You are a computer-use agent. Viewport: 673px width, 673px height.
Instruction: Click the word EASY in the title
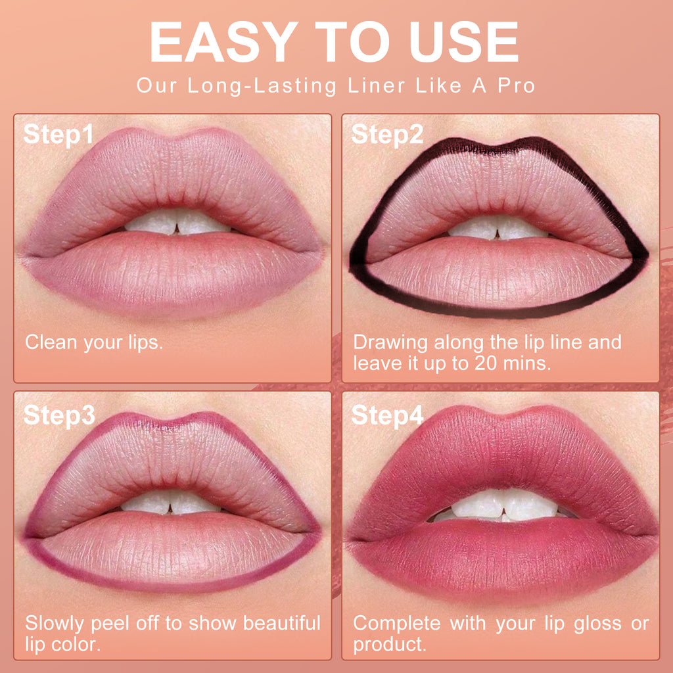(x=217, y=43)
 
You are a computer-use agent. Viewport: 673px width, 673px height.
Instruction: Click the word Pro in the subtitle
(x=515, y=86)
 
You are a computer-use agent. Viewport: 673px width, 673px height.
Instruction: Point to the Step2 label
(x=387, y=135)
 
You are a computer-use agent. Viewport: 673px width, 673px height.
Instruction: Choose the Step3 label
(x=59, y=415)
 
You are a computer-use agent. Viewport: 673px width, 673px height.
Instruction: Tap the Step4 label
(x=387, y=415)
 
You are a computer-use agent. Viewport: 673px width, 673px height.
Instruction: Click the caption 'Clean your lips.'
(x=94, y=342)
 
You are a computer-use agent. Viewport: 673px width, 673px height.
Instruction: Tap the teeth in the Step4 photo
(x=501, y=505)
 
